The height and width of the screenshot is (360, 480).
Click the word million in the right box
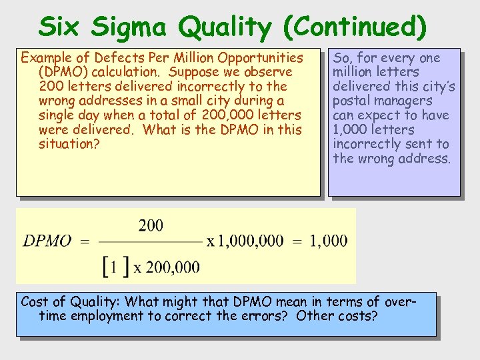point(354,72)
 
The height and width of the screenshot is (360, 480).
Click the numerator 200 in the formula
point(151,225)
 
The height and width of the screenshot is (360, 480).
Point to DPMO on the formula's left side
point(47,241)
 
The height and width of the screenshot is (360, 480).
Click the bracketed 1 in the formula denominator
point(114,267)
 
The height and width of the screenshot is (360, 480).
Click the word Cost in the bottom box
point(35,301)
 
